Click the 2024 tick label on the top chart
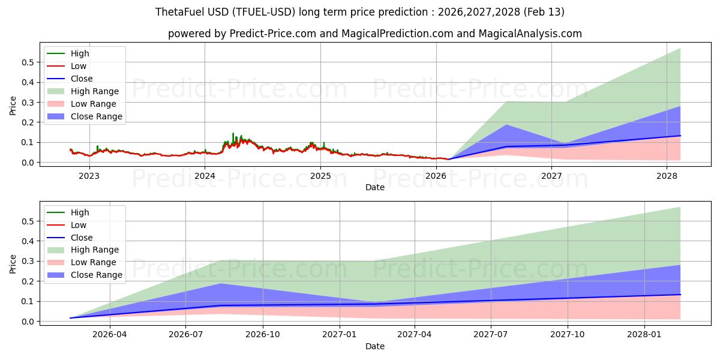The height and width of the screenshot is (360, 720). tap(205, 176)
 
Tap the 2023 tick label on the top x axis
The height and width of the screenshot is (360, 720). tap(89, 176)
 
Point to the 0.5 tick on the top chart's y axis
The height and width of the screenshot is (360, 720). tap(28, 62)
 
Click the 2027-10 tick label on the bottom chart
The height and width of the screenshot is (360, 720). tap(568, 335)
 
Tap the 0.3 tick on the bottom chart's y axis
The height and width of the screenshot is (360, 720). tap(28, 261)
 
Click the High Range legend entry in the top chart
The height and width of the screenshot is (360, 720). tap(95, 91)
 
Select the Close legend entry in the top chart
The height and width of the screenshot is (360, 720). tap(82, 79)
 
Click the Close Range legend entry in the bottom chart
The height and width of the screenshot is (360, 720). tap(96, 275)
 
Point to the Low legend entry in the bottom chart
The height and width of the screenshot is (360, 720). tap(79, 225)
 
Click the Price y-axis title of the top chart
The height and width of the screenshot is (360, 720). tap(13, 106)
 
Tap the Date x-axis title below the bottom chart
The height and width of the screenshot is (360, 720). tap(375, 346)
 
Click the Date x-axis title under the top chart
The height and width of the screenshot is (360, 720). tap(375, 187)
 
